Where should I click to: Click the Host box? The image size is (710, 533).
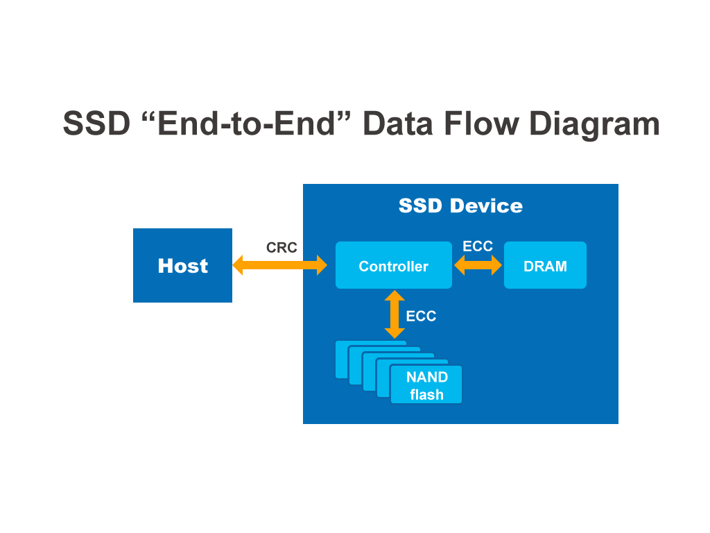(x=182, y=266)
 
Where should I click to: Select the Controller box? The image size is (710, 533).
(x=393, y=266)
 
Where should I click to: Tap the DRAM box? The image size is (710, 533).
(x=545, y=266)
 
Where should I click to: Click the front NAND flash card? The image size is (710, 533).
(x=426, y=386)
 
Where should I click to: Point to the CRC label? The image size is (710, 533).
(x=282, y=248)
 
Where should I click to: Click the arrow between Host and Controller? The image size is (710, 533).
(x=279, y=265)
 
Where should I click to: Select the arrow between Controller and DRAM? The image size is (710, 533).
(x=478, y=265)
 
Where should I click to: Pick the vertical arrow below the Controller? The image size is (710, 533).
(x=395, y=314)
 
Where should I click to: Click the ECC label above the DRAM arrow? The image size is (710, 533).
(x=478, y=246)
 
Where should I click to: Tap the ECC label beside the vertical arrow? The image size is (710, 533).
(x=421, y=316)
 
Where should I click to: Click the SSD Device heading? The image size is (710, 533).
(x=460, y=206)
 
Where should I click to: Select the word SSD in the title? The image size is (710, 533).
(x=96, y=124)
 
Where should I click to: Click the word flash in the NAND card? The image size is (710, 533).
(x=426, y=396)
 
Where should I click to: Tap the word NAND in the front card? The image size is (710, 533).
(x=426, y=378)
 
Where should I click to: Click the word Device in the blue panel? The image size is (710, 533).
(x=486, y=206)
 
